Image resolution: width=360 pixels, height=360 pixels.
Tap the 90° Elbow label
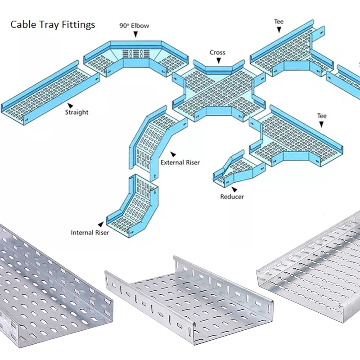pos(134,26)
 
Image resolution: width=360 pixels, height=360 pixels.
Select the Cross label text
pos(217,53)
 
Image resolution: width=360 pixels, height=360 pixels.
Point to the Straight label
pos(76,112)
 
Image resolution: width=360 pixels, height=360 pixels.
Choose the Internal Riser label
pos(90,233)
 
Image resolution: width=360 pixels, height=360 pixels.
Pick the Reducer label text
pos(232,197)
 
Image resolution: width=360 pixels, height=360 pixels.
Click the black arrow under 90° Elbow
pos(134,34)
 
